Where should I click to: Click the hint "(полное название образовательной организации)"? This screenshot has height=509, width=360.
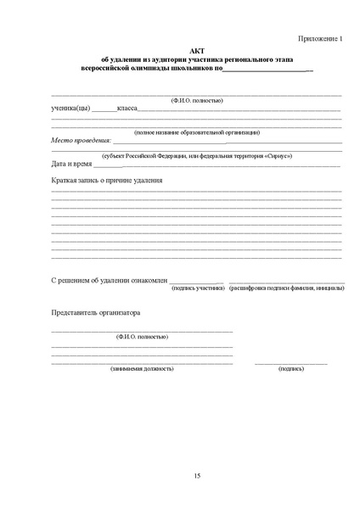coord(197,132)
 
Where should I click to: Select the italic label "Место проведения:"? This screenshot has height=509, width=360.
coord(82,140)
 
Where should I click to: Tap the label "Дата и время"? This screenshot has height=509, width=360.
coord(70,164)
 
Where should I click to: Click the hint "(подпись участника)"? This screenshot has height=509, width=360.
coord(198,288)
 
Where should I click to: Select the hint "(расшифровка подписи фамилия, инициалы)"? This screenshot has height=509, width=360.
coord(286,288)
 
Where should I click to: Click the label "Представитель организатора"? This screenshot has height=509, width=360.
coord(95,312)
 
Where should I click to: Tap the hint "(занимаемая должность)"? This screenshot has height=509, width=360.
coord(142,369)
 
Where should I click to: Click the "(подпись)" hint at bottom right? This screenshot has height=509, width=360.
coord(291,369)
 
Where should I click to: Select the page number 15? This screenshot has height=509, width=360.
coord(197,474)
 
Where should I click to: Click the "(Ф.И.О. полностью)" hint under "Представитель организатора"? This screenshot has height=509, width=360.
coord(142,337)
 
